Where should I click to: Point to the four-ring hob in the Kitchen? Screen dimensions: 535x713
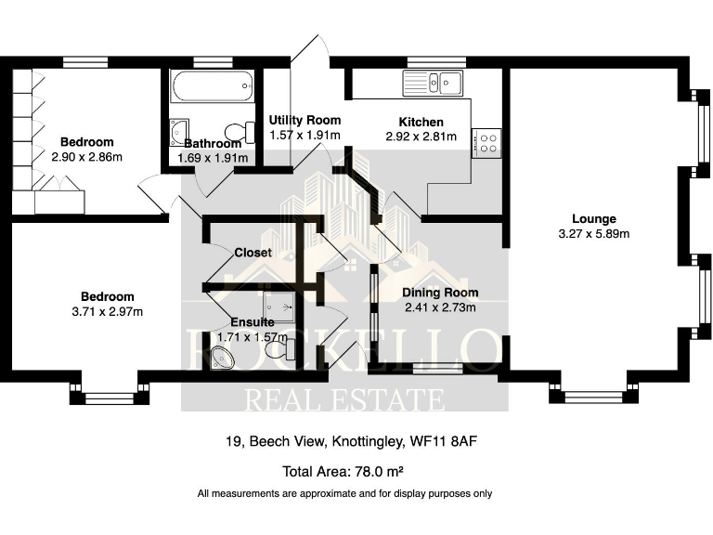(486, 143)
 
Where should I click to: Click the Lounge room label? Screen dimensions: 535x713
(594, 219)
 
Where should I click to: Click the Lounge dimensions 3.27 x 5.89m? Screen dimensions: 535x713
(594, 234)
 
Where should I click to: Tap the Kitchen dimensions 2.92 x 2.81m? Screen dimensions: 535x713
(421, 137)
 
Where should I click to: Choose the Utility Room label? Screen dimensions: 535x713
(305, 120)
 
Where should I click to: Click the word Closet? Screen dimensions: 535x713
(253, 253)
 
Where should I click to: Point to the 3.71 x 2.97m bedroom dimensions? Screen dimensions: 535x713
(107, 311)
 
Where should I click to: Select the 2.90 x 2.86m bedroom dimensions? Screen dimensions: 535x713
(86, 157)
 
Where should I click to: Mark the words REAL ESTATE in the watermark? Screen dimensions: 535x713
(344, 399)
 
